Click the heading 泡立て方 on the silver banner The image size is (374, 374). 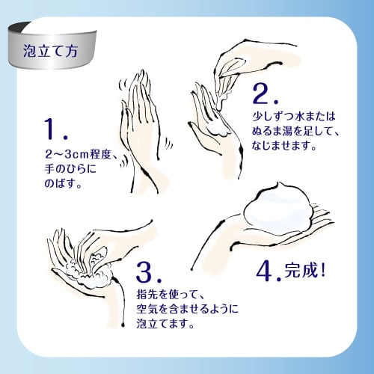pos(51,51)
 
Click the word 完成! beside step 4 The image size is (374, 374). pos(305,270)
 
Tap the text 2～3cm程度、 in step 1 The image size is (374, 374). pos(81,154)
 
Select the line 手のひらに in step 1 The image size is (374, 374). pos(70,169)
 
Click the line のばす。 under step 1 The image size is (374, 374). pos(63,183)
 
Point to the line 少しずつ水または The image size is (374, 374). pos(294,117)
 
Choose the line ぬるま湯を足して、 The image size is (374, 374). pos(295,131)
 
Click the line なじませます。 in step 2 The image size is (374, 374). pos(284,145)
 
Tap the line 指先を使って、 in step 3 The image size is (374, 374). pos(171,295)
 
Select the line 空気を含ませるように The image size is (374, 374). pos(187,309)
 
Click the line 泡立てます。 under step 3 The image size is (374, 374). pos(165,324)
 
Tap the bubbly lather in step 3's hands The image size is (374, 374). pos(88,271)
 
